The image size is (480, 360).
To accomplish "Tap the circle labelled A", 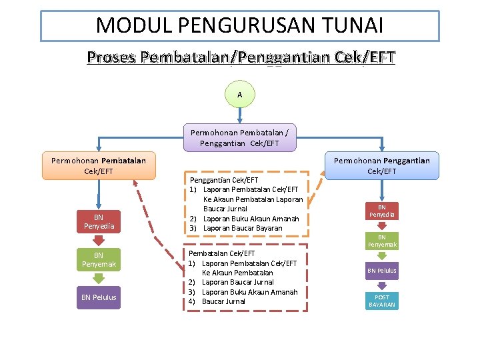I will tap(239, 95).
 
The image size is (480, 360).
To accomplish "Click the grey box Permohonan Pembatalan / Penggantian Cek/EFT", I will tap(239, 138).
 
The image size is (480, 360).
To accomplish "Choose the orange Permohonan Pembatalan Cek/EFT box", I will tap(99, 166).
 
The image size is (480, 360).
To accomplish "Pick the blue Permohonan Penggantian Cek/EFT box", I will tap(382, 166).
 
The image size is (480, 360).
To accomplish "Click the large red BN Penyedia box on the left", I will tap(99, 221).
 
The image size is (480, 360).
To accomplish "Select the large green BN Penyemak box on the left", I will tap(99, 260).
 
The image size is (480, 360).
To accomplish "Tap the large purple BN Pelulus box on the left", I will tap(99, 297).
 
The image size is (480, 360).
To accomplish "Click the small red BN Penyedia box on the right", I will tap(382, 211).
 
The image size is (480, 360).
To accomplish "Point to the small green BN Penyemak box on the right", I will tap(382, 241).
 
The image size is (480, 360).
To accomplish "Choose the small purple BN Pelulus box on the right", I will tap(382, 271).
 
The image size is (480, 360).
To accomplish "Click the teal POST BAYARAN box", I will tap(382, 301).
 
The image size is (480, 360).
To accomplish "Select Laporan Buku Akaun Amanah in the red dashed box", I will tap(249, 292).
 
